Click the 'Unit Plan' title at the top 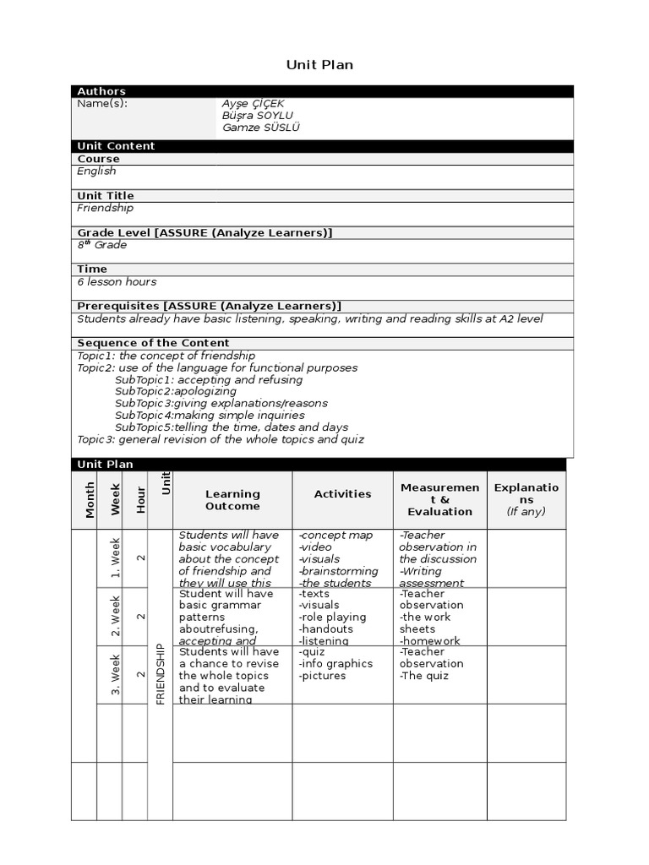pos(319,65)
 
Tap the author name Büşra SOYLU pos(259,116)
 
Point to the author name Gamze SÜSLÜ pos(261,128)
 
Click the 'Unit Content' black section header pos(117,146)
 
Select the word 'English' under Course pos(96,171)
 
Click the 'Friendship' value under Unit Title pos(105,208)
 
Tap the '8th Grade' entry pos(102,245)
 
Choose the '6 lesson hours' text pos(117,282)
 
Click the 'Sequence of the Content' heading pos(153,343)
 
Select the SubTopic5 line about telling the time pos(232,427)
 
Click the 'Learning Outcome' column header pos(232,500)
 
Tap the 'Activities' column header pos(342,494)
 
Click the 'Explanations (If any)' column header pos(526,500)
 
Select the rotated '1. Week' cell pos(116,558)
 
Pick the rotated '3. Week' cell pos(116,674)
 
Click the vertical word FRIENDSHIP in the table pos(161,674)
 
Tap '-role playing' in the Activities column pos(332,617)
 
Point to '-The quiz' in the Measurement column pos(424,676)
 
